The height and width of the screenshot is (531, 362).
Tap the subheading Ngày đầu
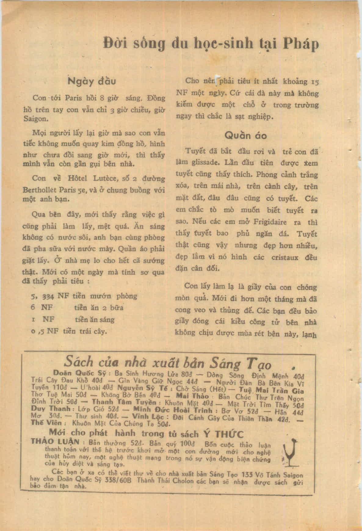92,82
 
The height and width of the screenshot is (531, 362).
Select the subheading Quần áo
245,135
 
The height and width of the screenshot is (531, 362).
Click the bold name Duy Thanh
51,409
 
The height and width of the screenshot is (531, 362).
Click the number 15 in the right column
314,82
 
